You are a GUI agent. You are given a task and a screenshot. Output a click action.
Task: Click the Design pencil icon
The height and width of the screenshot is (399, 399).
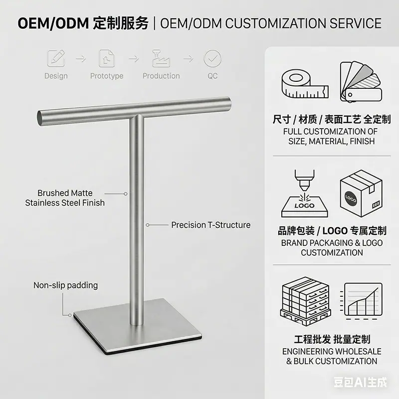[x=56, y=58]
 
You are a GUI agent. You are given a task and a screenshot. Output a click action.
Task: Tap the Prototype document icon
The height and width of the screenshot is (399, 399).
[x=107, y=58]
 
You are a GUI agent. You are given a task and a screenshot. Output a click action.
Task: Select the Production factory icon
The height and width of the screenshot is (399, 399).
[x=161, y=58]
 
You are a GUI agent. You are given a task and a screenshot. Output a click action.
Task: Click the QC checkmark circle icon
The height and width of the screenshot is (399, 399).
[x=212, y=58]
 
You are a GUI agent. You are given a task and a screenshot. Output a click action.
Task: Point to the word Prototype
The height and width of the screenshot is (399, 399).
[x=107, y=76]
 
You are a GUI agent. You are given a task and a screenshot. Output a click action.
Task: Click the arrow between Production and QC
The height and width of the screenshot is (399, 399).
[x=189, y=59]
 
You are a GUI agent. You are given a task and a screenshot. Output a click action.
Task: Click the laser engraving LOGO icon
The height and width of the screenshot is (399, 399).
[x=305, y=194]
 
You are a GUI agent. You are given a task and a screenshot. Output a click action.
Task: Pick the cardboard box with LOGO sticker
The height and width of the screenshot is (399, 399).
[x=361, y=194]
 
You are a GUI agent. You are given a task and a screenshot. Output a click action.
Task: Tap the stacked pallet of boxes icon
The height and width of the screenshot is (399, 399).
[x=305, y=301]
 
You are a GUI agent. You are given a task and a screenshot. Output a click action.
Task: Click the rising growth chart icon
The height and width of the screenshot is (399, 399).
[x=361, y=301]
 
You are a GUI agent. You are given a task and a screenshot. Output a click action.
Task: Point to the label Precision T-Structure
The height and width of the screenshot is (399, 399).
[x=210, y=225]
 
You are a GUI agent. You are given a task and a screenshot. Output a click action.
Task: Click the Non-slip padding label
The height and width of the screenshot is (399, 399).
[x=66, y=285]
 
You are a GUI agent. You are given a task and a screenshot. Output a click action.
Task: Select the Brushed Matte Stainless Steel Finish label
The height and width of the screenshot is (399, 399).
[x=65, y=198]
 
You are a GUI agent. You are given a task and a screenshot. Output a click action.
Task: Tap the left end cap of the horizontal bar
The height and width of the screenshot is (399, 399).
[x=40, y=118]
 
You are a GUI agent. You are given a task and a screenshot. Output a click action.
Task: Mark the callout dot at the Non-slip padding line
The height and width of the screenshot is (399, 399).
[x=70, y=315]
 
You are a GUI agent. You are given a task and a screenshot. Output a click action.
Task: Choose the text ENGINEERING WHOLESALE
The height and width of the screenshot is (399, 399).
[x=332, y=352]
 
